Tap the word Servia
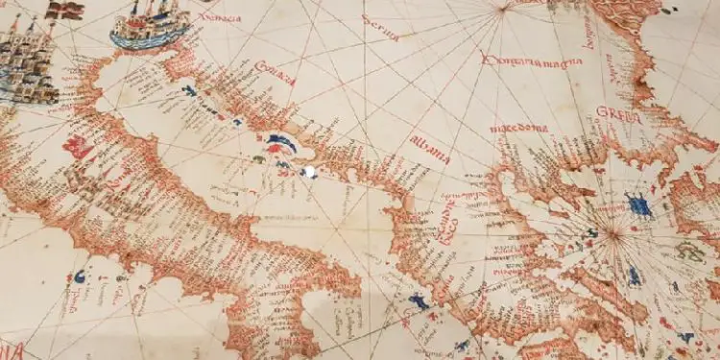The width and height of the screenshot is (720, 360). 379,28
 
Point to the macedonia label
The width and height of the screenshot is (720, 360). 518,128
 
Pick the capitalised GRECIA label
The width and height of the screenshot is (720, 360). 618,112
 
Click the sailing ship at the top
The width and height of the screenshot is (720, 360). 149,23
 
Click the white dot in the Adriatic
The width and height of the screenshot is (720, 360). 308,173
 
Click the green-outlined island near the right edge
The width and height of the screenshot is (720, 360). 688,252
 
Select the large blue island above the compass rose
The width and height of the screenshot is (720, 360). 637,204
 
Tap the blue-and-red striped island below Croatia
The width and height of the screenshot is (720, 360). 282,144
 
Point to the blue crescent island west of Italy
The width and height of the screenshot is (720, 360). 81,276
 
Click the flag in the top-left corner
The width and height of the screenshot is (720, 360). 66,11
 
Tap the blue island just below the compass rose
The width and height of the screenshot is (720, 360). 635,276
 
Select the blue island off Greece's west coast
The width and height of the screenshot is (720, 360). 419,301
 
